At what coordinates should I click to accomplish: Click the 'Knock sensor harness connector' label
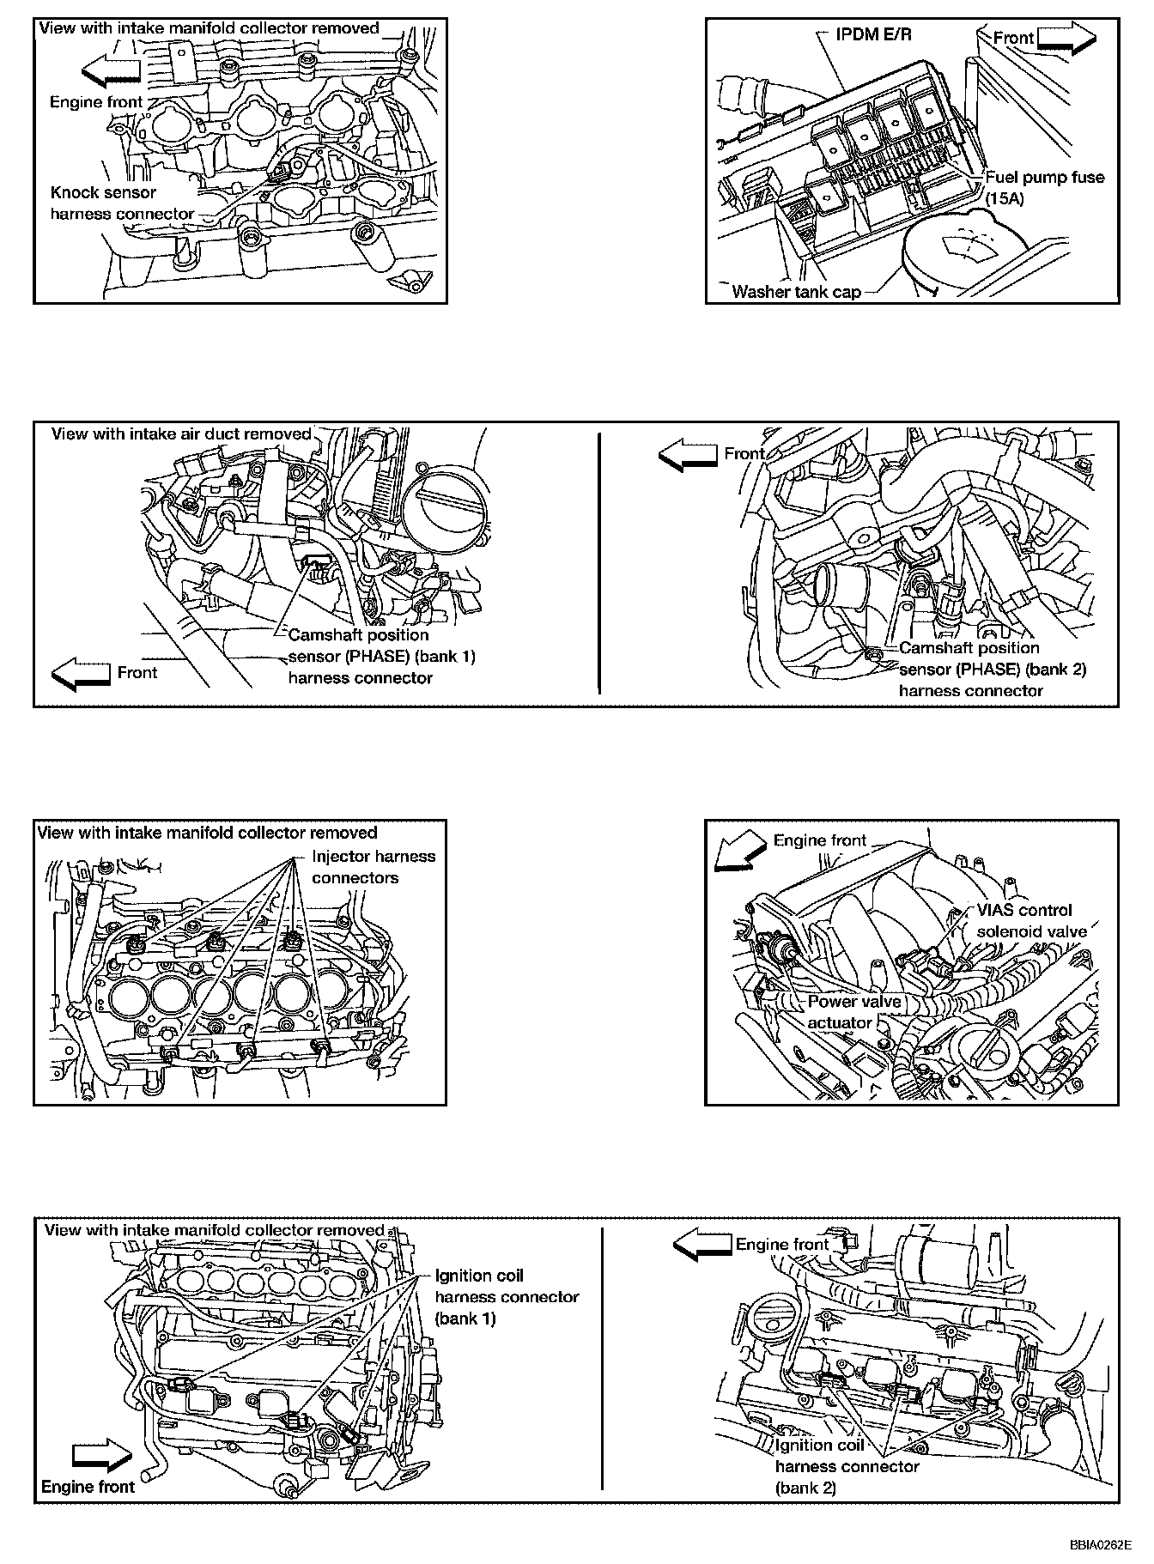pos(122,203)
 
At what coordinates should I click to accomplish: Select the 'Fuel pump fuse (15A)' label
pos(1044,187)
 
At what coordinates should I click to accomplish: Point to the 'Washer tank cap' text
pos(796,292)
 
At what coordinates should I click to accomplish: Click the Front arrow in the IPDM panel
pos(1066,39)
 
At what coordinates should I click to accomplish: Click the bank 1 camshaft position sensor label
pos(381,657)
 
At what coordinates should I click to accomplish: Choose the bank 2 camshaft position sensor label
pos(993,670)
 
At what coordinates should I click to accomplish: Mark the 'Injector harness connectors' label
pos(374,867)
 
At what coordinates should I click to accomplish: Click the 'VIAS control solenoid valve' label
pos(1031,921)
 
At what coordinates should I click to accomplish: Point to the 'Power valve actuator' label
pos(853,1012)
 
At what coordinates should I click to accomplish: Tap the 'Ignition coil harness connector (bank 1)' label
pos(507,1297)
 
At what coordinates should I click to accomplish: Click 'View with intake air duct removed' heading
pos(181,433)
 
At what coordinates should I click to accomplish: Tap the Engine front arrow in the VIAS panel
pos(740,851)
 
